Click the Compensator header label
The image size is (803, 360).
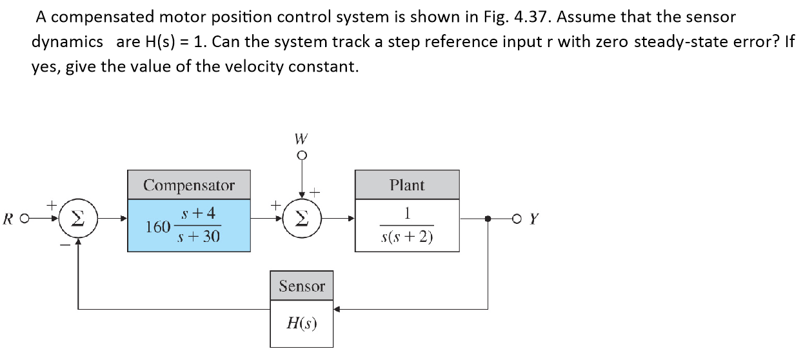coord(188,185)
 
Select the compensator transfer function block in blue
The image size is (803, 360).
coord(188,225)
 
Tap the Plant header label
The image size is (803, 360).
coord(407,185)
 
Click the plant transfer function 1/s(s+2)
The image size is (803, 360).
coord(407,225)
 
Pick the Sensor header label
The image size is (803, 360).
coord(302,286)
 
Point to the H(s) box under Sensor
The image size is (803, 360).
coord(302,323)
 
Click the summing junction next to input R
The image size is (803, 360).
coord(79,219)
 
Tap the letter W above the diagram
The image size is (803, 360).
coord(301,139)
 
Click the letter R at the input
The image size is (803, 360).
coord(8,219)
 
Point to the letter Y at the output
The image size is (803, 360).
coord(533,219)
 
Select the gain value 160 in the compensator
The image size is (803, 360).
coord(157,227)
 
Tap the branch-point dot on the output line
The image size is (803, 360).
coord(488,219)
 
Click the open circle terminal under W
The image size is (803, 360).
coord(301,155)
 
